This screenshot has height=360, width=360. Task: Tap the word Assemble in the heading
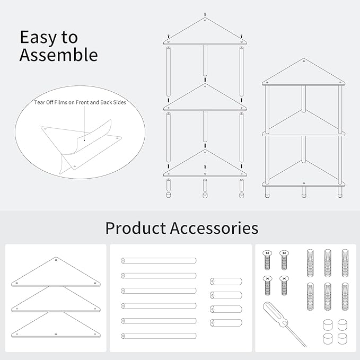pos(58,55)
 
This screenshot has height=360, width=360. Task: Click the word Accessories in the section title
pos(214,228)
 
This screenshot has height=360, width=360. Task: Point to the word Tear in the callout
pos(39,102)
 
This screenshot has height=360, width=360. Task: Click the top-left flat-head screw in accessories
pos(267,260)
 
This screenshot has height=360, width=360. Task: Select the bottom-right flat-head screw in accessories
pos(284,285)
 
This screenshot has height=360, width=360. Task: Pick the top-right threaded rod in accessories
pos(345,263)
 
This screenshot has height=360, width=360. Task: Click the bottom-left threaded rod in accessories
pos(310,296)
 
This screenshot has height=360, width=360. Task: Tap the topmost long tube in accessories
pos(159,260)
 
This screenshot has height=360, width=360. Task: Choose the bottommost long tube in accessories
pos(159,336)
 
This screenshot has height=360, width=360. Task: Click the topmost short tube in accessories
pos(226,281)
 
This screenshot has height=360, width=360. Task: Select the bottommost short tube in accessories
pos(226,322)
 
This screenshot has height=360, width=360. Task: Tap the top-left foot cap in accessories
pos(328,324)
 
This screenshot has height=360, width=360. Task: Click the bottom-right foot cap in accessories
pos(343,339)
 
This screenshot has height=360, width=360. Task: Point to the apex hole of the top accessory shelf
pos(56,260)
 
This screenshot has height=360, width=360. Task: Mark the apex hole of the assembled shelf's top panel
pos(304,61)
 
